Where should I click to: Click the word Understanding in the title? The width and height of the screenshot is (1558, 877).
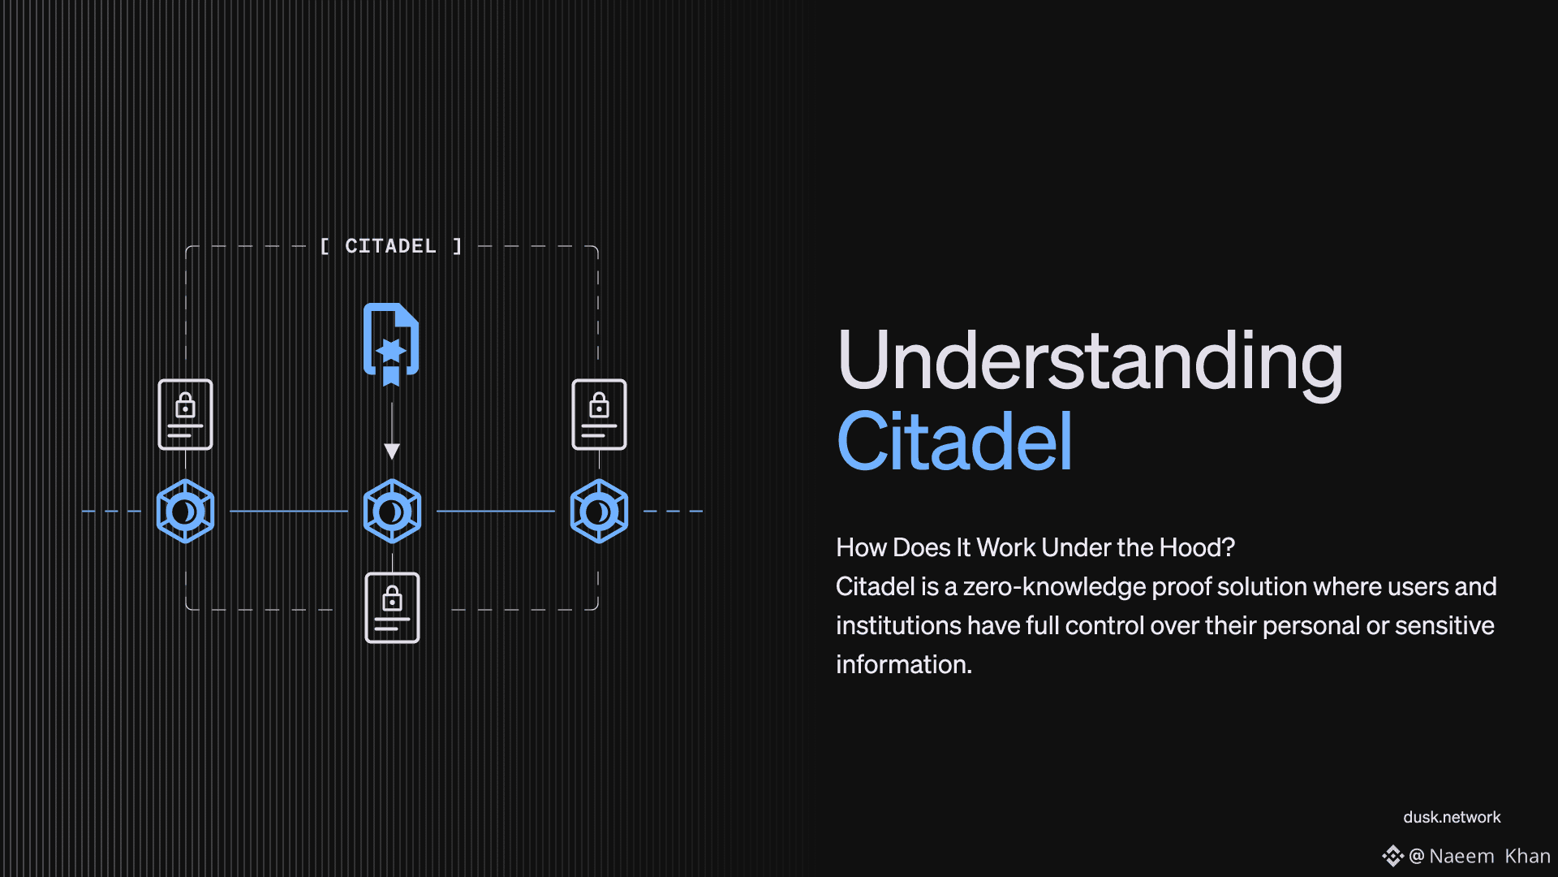1090,362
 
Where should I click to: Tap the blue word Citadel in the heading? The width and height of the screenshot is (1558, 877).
955,441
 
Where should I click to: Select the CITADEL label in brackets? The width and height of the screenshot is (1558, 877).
391,246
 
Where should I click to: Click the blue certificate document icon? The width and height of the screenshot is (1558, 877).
391,344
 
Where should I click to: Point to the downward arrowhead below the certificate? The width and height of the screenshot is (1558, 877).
392,451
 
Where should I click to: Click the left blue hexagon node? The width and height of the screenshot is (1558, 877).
185,511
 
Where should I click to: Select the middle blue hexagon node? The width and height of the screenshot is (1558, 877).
392,511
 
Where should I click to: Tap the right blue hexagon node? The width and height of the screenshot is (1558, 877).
599,511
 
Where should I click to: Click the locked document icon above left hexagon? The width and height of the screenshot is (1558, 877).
185,414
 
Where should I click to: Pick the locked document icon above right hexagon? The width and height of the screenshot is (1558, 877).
599,414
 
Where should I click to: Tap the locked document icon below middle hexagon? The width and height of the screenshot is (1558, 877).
392,607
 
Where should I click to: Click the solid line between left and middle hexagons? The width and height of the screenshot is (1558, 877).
289,511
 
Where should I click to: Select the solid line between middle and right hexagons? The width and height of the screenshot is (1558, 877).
496,511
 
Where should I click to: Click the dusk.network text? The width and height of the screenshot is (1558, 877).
1452,817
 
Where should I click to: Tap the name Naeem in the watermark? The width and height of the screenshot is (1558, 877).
1461,856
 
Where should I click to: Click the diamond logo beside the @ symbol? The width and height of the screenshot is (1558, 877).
1392,856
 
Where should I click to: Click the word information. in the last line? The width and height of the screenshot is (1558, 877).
904,664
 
